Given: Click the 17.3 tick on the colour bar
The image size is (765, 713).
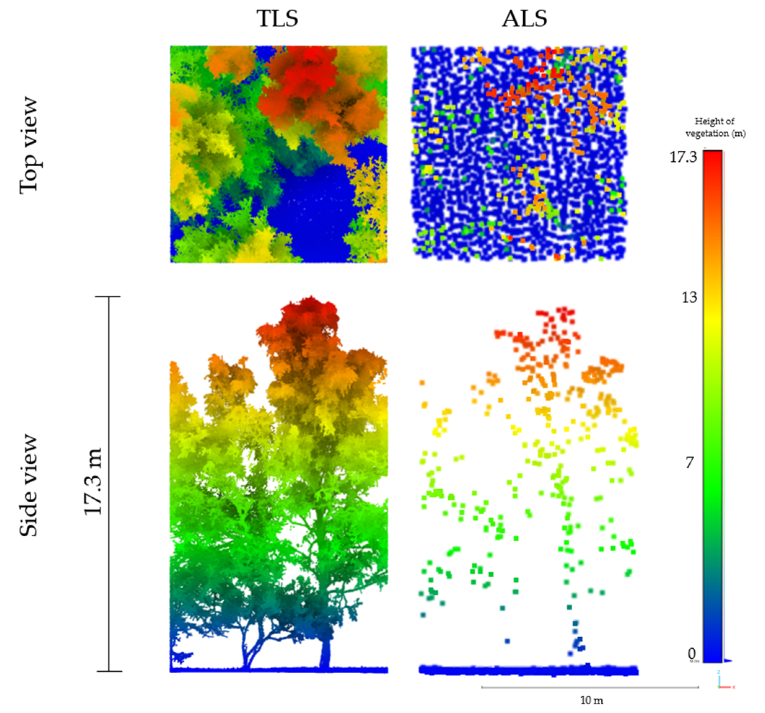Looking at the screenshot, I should click(x=683, y=157).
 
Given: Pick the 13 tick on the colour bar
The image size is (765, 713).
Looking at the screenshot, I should click(x=689, y=298).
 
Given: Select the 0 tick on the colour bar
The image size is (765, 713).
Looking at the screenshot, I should click(x=691, y=653).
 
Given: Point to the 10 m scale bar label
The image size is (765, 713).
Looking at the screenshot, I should click(x=592, y=700).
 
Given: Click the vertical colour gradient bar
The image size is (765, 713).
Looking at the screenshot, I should click(x=713, y=404).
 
